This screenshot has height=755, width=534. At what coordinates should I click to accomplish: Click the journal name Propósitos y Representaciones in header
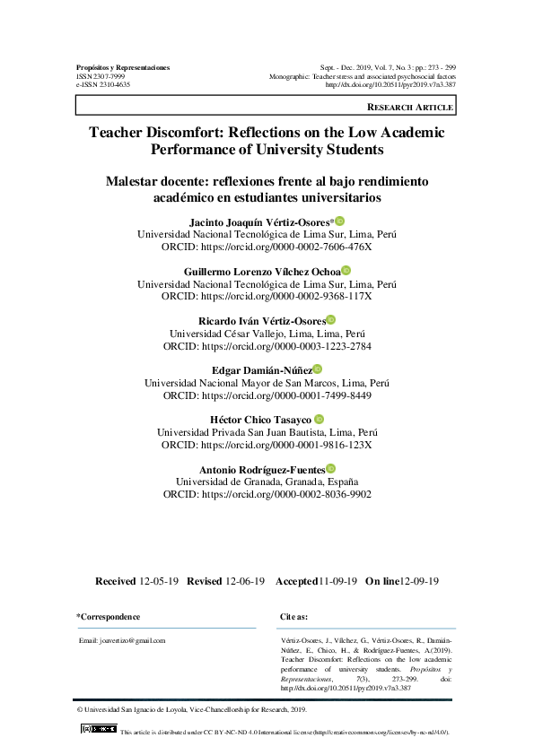[x=123, y=67]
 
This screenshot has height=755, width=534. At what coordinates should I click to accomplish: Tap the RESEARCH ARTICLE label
[x=410, y=108]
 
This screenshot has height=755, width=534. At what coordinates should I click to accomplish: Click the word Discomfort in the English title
[x=188, y=132]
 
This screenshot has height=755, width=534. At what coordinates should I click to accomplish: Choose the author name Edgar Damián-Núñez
[x=261, y=369]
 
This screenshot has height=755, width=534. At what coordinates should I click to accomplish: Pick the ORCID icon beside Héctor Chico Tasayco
[x=319, y=419]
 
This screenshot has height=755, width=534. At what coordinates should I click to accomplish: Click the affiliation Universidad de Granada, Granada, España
[x=267, y=481]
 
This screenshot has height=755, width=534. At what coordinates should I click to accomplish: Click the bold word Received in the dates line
[x=116, y=581]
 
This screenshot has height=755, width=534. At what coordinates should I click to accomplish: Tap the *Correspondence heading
[x=109, y=617]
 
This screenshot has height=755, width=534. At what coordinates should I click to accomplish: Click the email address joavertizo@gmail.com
[x=122, y=641]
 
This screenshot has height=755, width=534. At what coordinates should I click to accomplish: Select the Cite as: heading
[x=294, y=617]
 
